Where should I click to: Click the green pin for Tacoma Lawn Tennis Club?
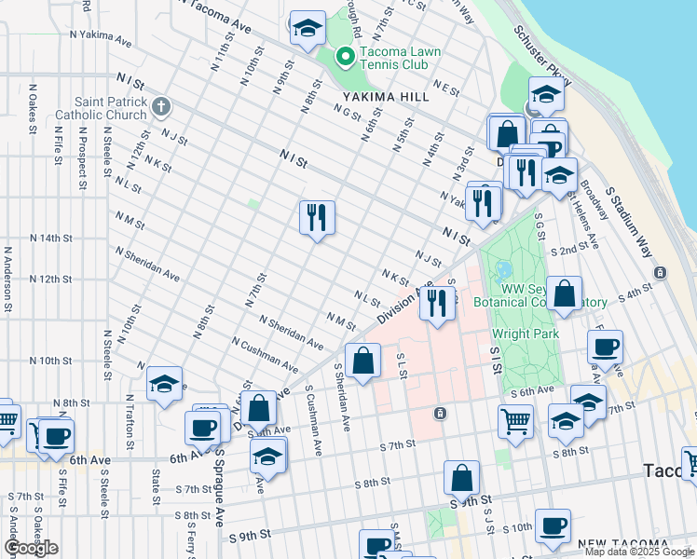345,59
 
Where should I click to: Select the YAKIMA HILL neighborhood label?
385,97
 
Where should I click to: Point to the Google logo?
31,548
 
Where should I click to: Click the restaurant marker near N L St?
317,218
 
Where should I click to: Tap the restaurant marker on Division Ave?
436,303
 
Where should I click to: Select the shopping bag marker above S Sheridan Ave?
363,360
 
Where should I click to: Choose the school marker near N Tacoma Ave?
307,29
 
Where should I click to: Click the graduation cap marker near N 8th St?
164,383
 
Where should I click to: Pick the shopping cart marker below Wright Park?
515,421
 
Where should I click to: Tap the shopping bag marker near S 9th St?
462,479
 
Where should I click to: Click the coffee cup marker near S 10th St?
553,525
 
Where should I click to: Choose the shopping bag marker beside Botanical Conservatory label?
565,294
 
